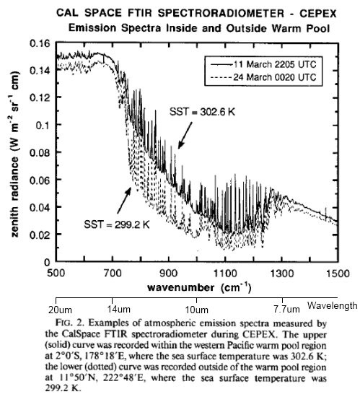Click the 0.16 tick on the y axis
point(38,45)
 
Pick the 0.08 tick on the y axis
point(38,153)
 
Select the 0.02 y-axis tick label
point(38,235)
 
